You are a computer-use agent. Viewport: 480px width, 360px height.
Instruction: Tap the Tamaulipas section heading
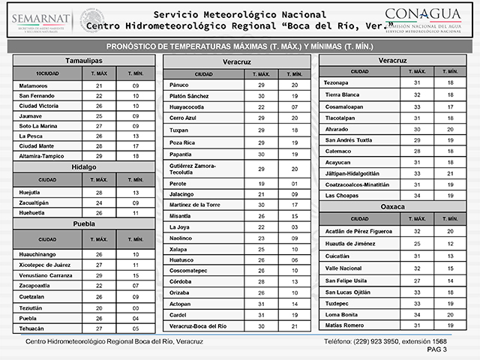coord(83,60)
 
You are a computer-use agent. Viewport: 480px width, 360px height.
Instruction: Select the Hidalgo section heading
coord(83,166)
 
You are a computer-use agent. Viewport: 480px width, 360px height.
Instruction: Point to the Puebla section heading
coord(83,223)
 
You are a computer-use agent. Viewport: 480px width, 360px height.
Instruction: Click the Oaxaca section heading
coord(393,204)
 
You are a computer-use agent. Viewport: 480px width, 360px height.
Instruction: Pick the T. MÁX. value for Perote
coord(262,183)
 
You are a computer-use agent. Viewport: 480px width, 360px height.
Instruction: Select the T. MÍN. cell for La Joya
coord(295,226)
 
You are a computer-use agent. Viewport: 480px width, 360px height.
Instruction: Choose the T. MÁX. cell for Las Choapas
coord(417,194)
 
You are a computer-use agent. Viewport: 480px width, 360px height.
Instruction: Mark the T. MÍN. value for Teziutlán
coord(136,307)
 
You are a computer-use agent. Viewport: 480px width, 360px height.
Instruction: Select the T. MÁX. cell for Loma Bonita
coord(417,315)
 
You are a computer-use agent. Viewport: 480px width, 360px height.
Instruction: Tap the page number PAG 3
coord(436,349)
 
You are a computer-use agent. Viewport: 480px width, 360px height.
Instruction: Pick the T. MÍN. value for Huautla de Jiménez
coord(450,242)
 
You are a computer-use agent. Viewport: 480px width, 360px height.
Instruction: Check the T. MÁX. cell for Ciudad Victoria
coord(99,106)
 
